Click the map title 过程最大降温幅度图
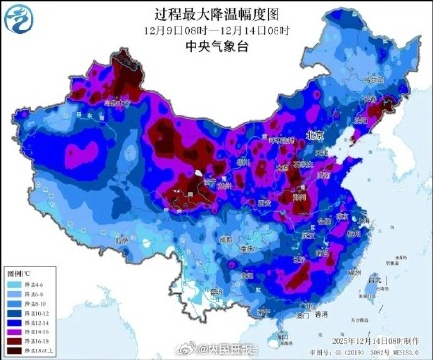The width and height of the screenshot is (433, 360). pos(217,13)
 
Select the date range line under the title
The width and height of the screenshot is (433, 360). pos(217,30)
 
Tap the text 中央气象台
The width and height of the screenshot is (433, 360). pos(217,45)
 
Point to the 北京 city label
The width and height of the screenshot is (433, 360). pos(314,136)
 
